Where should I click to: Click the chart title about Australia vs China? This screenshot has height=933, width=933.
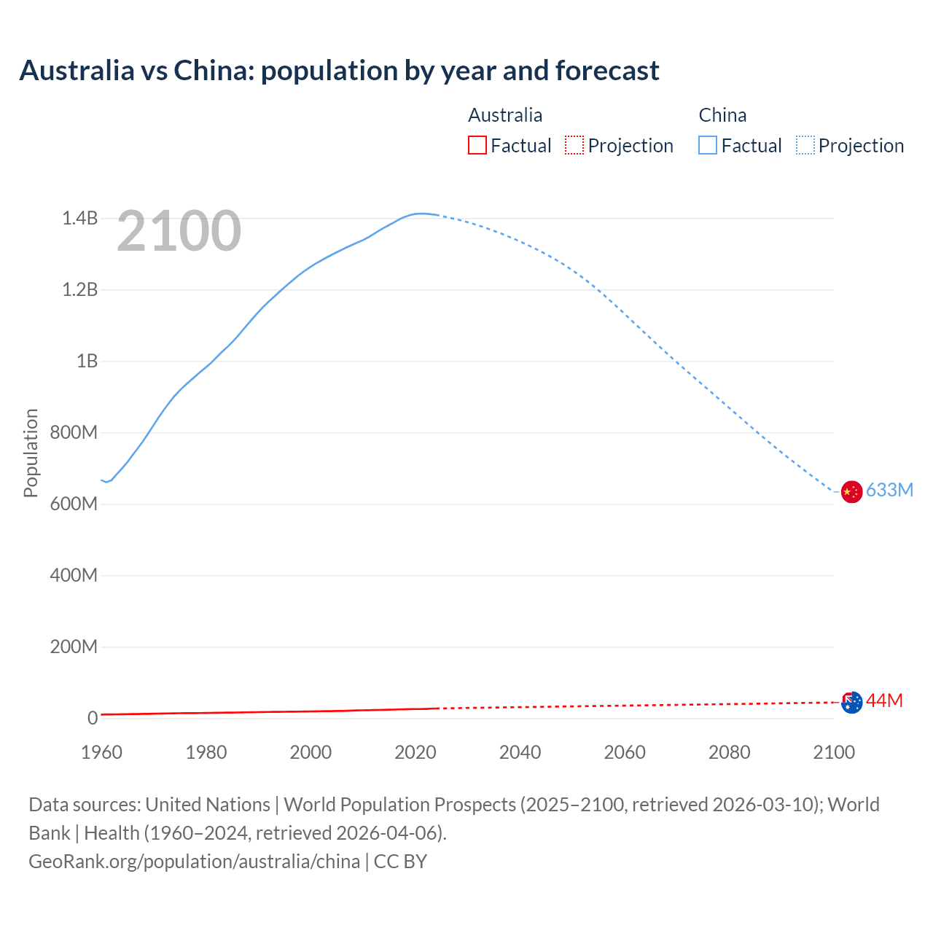click(x=339, y=71)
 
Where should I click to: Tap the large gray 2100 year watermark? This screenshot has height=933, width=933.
click(x=179, y=231)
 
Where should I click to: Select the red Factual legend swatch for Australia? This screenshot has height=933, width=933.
click(x=477, y=146)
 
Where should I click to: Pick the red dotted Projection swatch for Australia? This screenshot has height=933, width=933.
click(x=574, y=146)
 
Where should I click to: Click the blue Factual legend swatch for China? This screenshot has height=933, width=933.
click(x=708, y=146)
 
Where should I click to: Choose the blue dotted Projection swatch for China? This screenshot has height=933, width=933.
click(x=805, y=146)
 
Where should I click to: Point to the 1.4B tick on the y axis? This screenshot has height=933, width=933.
click(x=79, y=218)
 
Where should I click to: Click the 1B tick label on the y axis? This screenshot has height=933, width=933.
click(x=87, y=361)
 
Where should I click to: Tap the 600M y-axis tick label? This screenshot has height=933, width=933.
click(x=74, y=504)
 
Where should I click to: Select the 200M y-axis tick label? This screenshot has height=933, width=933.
click(x=74, y=647)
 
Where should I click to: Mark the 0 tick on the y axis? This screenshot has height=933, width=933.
click(x=93, y=718)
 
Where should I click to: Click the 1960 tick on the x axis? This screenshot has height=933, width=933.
click(x=101, y=752)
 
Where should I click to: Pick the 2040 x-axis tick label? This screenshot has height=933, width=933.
click(x=520, y=752)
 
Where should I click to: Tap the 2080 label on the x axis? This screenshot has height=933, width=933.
click(x=729, y=752)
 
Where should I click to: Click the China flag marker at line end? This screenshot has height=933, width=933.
click(x=851, y=492)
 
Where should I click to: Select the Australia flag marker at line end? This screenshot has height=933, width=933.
click(x=851, y=703)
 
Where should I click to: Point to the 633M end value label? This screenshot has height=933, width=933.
click(x=889, y=490)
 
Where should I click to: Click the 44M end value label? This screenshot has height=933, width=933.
click(x=884, y=700)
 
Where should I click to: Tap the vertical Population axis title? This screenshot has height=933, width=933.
click(x=31, y=453)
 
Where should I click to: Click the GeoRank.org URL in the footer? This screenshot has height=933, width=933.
click(x=194, y=862)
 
